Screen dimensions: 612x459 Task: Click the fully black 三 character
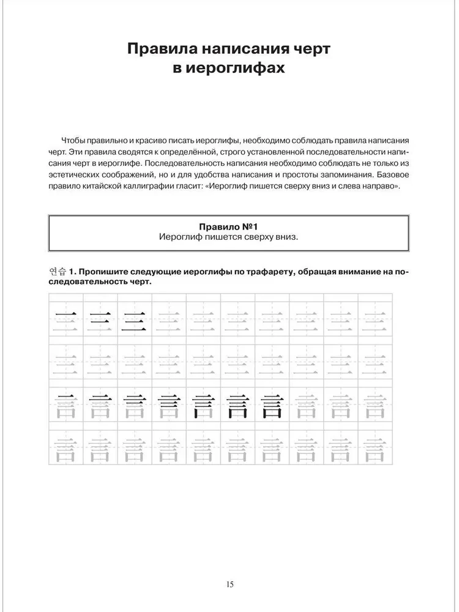pyautogui.click(x=134, y=320)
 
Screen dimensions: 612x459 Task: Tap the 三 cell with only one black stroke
pyautogui.click(x=65, y=320)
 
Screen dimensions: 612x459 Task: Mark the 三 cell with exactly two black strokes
pyautogui.click(x=100, y=320)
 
